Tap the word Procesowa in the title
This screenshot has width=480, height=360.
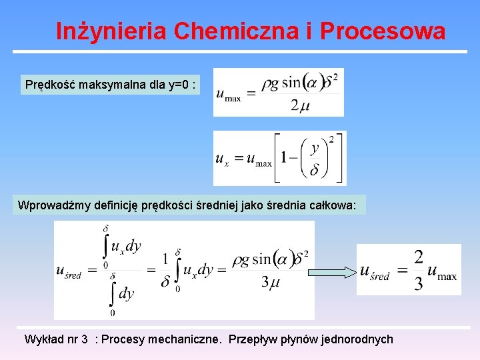point(382,31)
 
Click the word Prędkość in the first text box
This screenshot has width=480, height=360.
point(48,85)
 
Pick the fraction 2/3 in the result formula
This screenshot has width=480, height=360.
point(418,271)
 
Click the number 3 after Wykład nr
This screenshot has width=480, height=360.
point(84,339)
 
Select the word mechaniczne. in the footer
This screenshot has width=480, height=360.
point(187,339)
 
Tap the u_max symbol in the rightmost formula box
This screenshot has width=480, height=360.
point(442,271)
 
